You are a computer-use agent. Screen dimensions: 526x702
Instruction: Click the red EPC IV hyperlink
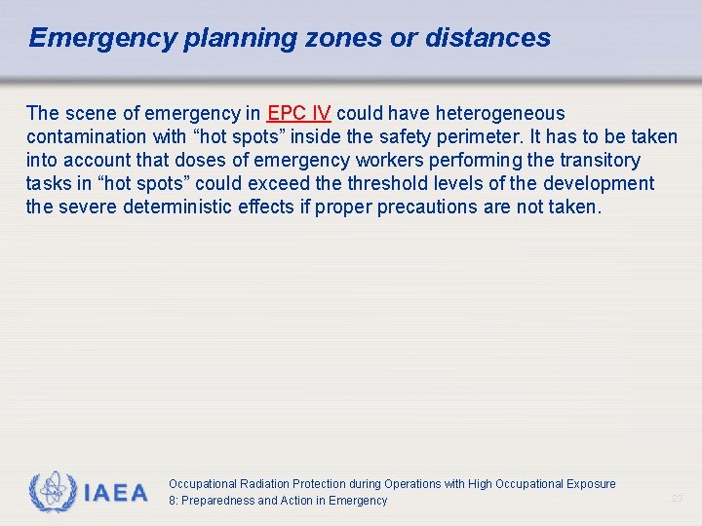tap(299, 113)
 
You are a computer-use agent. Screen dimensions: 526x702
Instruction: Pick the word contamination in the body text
tap(85, 136)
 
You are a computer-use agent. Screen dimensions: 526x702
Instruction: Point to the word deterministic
tap(214, 207)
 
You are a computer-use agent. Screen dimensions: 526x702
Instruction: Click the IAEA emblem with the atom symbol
tap(52, 492)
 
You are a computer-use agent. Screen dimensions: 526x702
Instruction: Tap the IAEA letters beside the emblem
tap(116, 493)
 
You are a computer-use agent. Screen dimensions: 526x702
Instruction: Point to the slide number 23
tap(677, 498)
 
